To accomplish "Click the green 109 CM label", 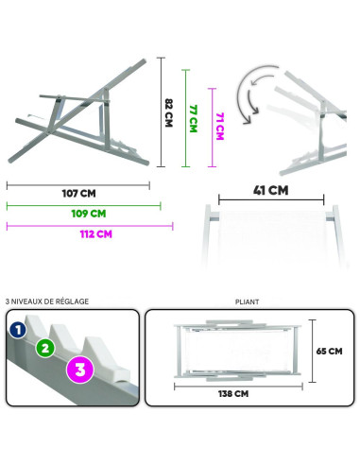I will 88,214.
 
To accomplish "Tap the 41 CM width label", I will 272,190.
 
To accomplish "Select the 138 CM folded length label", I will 232,394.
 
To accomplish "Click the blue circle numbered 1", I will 17,330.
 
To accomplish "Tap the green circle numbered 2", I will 43,348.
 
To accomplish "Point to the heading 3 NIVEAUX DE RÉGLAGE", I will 47,302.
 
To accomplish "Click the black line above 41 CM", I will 272,200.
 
